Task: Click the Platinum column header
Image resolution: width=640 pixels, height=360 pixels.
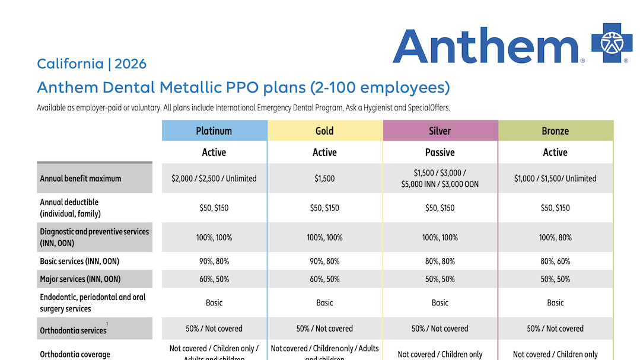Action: (x=214, y=130)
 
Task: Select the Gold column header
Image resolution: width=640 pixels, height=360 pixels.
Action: (x=324, y=130)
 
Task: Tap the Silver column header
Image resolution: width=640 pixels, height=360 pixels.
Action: (x=440, y=130)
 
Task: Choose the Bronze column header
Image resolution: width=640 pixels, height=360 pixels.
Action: (x=555, y=130)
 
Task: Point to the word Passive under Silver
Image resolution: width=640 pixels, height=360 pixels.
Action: (x=440, y=152)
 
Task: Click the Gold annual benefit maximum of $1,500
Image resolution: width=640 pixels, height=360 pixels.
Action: (x=324, y=178)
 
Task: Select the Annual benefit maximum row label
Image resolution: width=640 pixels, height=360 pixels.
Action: (x=81, y=178)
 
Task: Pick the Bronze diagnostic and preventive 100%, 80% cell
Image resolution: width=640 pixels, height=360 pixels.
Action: (x=555, y=237)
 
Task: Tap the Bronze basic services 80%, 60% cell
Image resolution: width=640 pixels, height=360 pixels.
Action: (x=555, y=261)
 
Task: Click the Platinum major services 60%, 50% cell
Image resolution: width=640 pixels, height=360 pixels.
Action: (x=214, y=279)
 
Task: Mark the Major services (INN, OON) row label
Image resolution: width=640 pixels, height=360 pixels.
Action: (x=81, y=279)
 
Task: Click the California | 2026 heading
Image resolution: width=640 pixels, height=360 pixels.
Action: (x=91, y=64)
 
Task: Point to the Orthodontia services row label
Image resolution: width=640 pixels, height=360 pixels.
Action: (x=73, y=330)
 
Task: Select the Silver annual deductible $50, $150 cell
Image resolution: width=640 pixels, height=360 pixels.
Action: (x=440, y=208)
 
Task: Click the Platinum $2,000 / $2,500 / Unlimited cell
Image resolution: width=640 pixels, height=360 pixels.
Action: (x=214, y=178)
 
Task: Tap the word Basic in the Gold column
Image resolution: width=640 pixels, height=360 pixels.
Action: (x=324, y=302)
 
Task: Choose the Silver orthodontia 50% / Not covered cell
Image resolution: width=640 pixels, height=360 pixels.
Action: (x=440, y=329)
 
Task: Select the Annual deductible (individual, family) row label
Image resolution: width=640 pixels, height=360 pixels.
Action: (x=70, y=208)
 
